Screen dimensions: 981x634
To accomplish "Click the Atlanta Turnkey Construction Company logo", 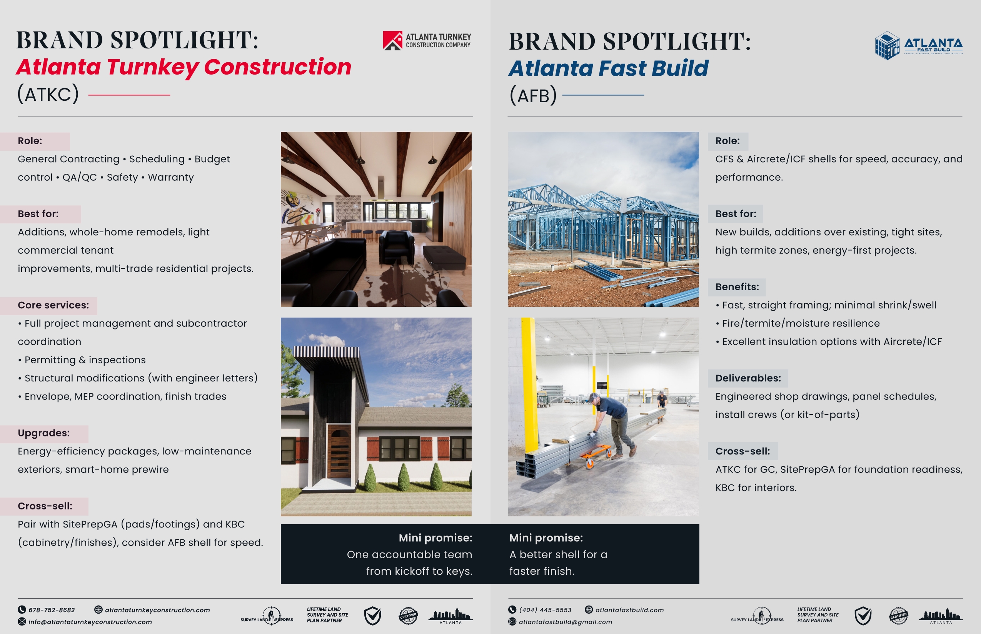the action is (x=427, y=40).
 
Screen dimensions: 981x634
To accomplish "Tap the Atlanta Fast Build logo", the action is (x=919, y=45).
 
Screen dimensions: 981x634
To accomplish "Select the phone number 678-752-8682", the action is (x=52, y=610).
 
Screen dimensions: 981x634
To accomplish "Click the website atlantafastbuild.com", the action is (x=629, y=610).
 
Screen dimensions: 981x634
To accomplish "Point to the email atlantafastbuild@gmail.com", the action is (x=565, y=622).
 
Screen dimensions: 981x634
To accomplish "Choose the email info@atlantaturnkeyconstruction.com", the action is (x=90, y=622).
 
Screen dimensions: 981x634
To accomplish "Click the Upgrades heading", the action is (x=43, y=433).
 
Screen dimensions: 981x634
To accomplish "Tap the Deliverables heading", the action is (x=748, y=378).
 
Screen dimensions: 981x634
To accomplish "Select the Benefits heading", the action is (x=737, y=287).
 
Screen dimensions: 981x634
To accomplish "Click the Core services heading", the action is (x=53, y=305).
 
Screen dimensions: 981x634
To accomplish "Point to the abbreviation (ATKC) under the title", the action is (x=48, y=94).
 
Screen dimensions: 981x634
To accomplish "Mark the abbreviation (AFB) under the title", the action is (x=533, y=95).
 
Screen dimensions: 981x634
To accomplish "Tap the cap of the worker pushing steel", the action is (x=594, y=398).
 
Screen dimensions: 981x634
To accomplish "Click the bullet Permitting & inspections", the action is (x=82, y=360).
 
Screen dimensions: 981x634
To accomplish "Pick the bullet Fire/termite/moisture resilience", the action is (x=797, y=323).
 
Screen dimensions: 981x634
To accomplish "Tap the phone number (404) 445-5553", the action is (x=545, y=610).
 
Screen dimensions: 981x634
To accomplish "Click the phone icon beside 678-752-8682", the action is (x=22, y=610).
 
